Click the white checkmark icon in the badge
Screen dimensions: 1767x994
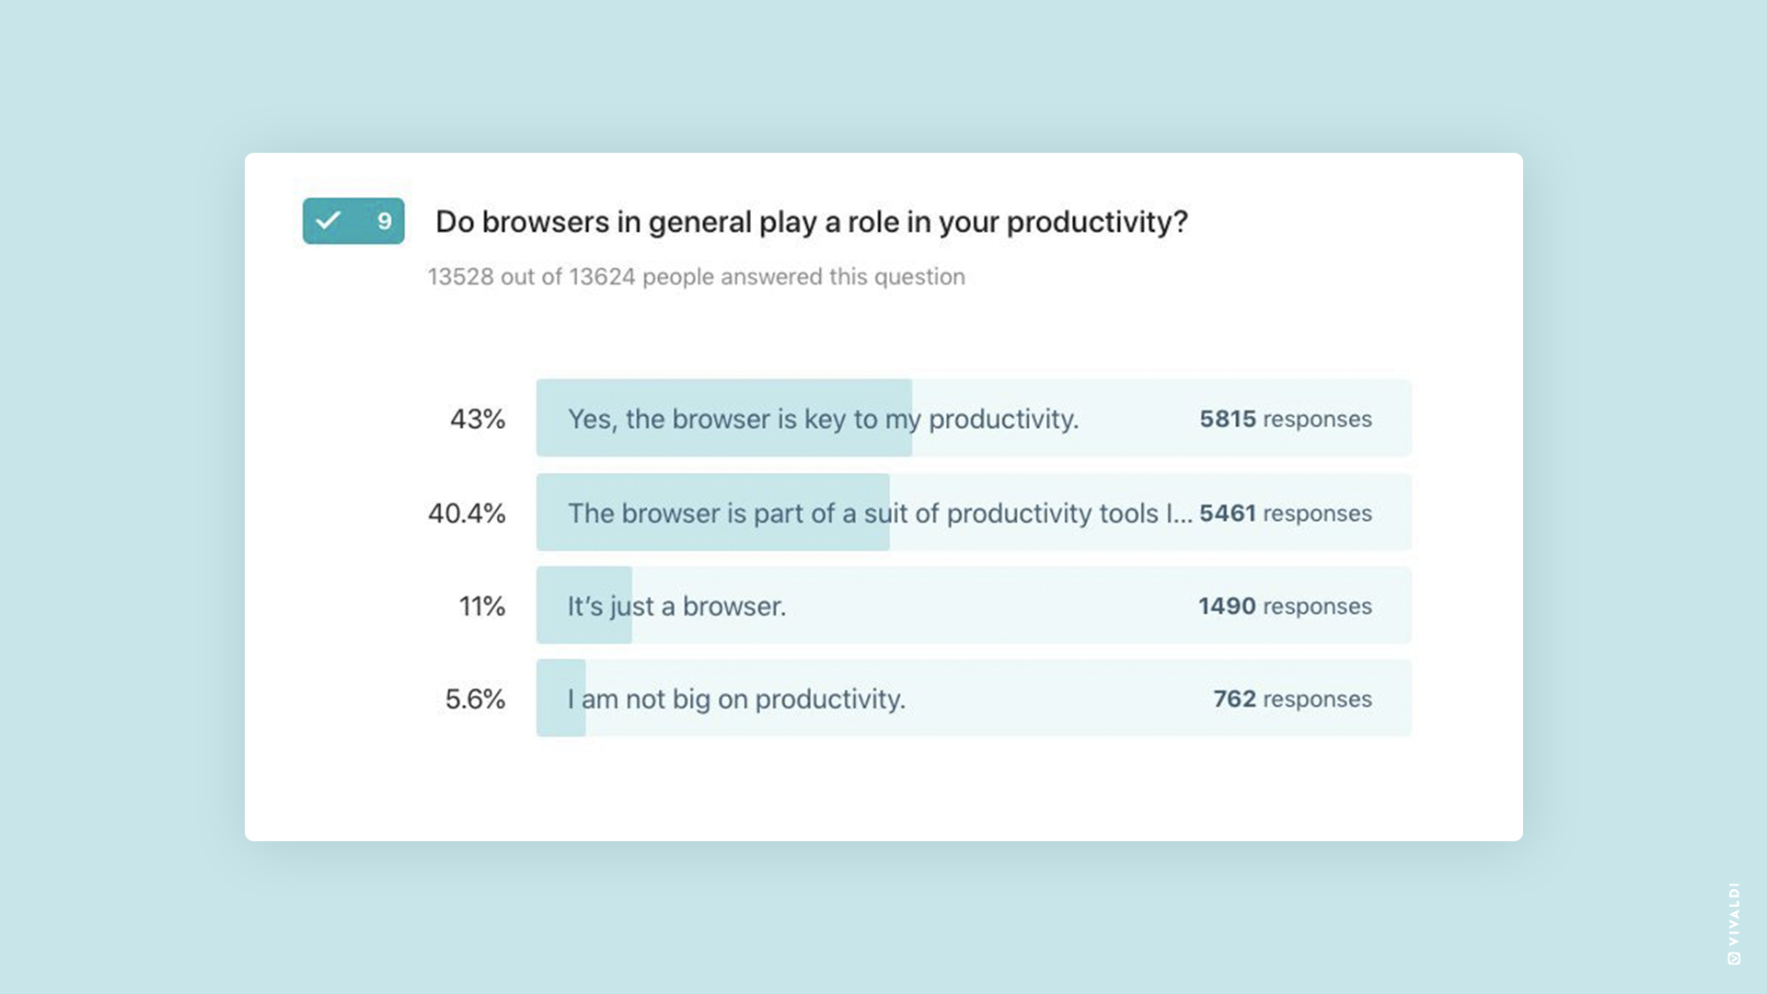click(329, 221)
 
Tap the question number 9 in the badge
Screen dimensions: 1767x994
click(385, 221)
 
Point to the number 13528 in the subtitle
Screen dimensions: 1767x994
click(460, 277)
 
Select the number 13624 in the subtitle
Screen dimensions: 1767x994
click(602, 277)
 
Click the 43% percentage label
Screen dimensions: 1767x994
click(478, 420)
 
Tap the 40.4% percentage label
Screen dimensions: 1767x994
click(467, 514)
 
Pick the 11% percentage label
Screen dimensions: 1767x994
click(482, 607)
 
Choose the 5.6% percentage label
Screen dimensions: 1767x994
click(475, 699)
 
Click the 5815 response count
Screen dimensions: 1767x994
click(1228, 420)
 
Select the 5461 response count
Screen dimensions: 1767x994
click(1228, 514)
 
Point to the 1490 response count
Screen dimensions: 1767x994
click(1227, 607)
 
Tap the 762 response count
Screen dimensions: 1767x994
click(1235, 699)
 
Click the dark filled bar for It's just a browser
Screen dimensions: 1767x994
click(584, 605)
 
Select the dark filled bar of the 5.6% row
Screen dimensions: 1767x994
click(561, 698)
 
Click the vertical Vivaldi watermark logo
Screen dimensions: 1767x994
click(1734, 923)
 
